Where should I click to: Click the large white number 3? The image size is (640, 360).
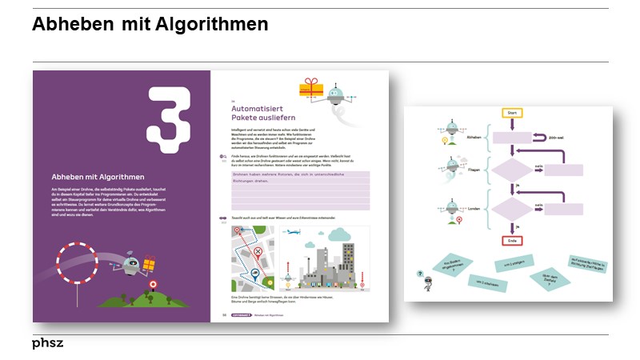(x=169, y=119)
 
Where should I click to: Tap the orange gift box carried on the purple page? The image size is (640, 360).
(x=149, y=263)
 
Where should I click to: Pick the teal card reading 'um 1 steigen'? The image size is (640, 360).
(x=514, y=263)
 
